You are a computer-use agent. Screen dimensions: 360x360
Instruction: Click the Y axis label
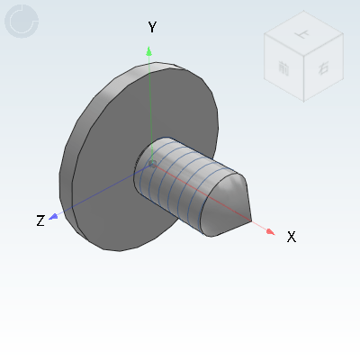click(152, 28)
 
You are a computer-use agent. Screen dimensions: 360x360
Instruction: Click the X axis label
click(291, 237)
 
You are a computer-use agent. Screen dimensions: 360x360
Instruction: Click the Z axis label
click(40, 220)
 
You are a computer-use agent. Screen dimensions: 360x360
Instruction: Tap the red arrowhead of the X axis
click(270, 231)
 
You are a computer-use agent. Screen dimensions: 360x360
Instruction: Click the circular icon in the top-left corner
click(22, 22)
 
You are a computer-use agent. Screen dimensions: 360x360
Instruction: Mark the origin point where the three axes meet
click(152, 164)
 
